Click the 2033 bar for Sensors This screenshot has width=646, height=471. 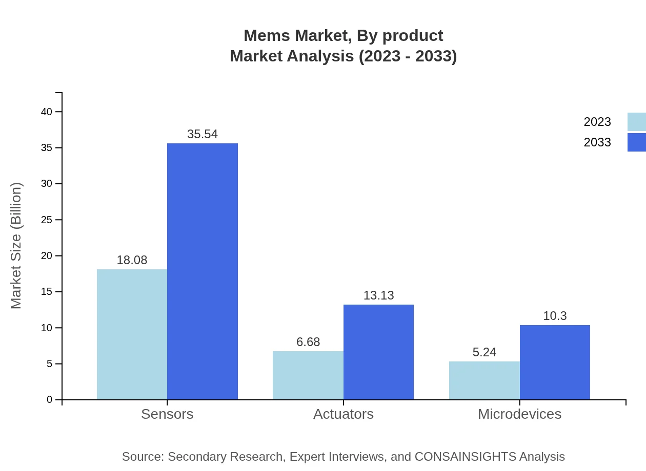(x=203, y=271)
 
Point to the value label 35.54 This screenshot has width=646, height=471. (x=203, y=134)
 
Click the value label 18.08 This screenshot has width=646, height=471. (x=132, y=260)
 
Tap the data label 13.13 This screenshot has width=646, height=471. (x=378, y=295)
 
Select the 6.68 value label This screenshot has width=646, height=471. (x=308, y=342)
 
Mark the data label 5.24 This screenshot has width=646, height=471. (x=484, y=352)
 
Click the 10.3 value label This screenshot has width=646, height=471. (x=555, y=316)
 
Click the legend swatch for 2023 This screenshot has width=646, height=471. (x=636, y=122)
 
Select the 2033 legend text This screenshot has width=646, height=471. (x=597, y=142)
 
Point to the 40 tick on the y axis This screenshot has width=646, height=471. (x=47, y=112)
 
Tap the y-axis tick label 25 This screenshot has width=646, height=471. (x=47, y=220)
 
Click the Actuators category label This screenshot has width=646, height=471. (x=343, y=414)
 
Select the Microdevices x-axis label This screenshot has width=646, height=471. (x=519, y=414)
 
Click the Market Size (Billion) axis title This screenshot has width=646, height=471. (x=16, y=246)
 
